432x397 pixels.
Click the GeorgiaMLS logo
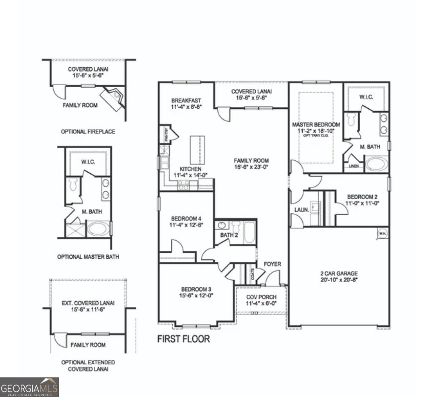point(29,387)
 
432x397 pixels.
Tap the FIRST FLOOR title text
point(184,339)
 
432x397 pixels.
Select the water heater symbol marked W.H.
point(382,234)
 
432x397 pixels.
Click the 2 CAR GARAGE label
point(339,273)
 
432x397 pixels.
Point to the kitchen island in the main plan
point(195,150)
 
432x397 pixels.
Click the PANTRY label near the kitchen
point(167,135)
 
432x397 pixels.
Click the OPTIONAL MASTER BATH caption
point(88,257)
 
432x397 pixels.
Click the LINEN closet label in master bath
point(353,166)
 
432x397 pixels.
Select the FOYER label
point(272,264)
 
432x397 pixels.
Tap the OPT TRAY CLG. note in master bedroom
point(316,135)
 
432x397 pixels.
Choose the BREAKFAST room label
point(186,101)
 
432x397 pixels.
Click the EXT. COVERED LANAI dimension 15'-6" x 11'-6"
point(88,309)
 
